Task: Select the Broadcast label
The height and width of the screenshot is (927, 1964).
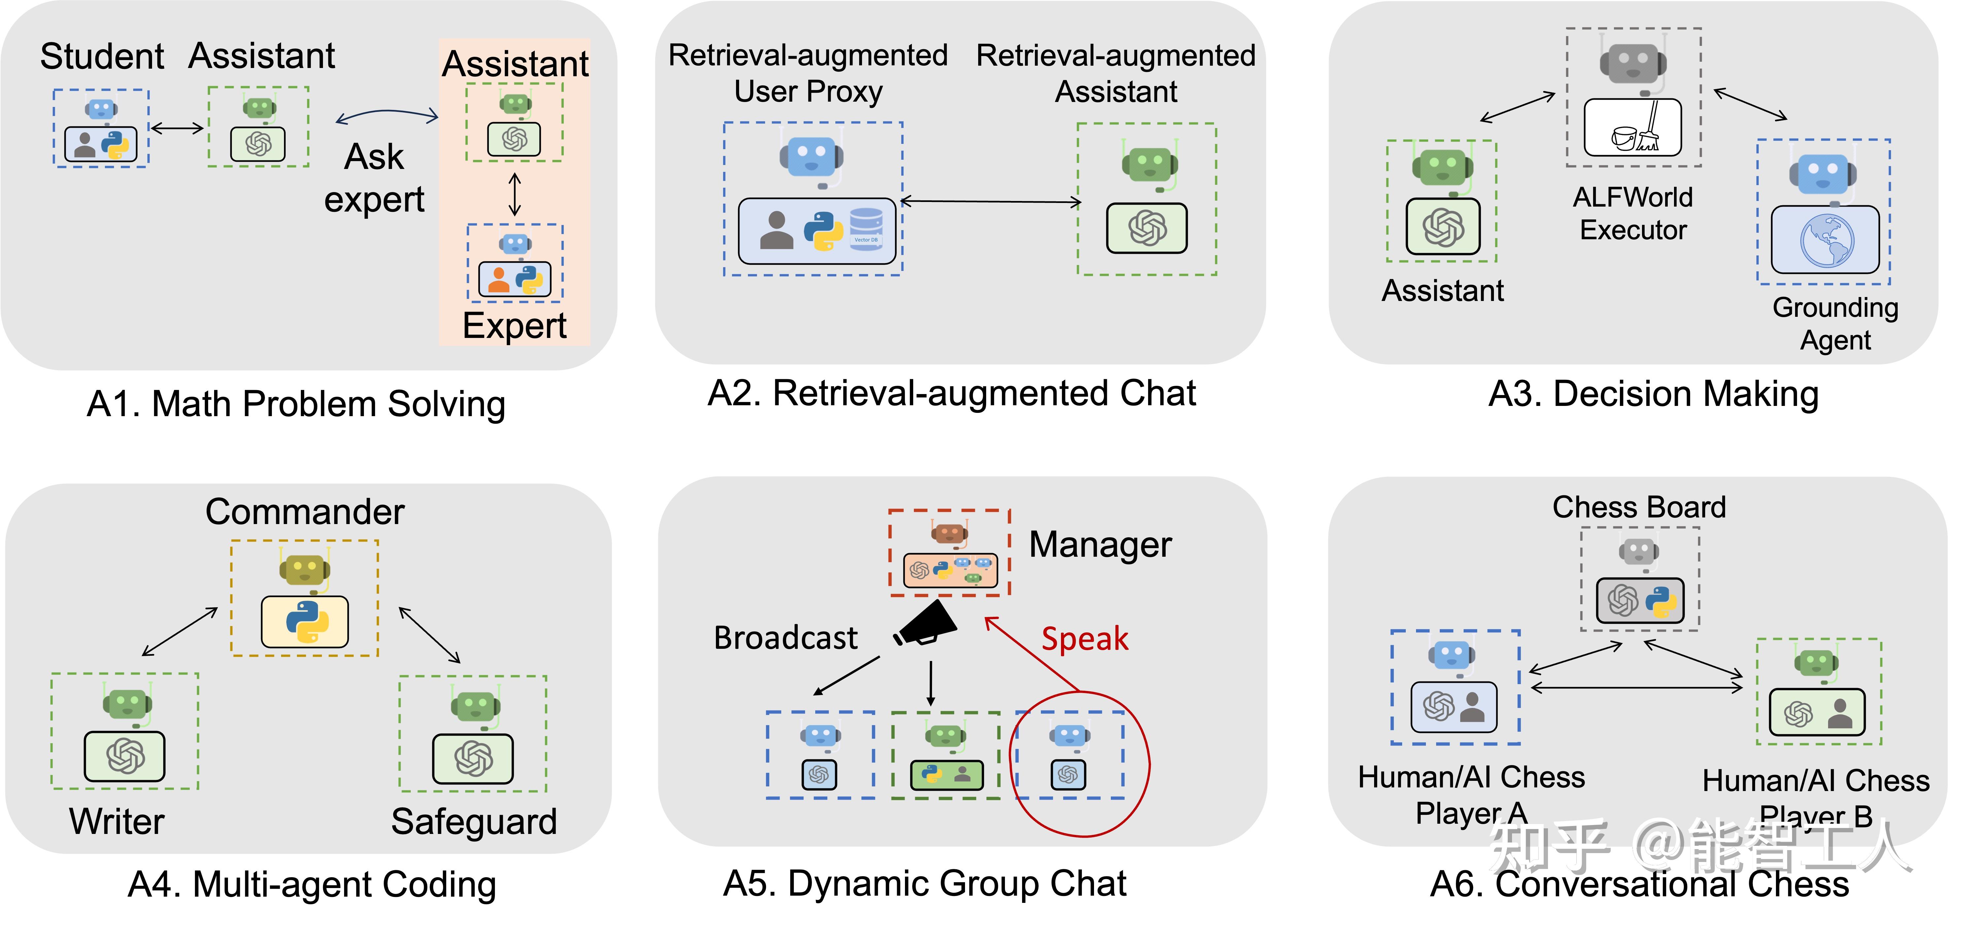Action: [x=785, y=637]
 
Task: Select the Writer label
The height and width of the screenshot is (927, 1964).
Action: [x=117, y=821]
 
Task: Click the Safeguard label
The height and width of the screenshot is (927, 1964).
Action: [x=473, y=821]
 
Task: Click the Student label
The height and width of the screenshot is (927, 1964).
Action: [x=101, y=56]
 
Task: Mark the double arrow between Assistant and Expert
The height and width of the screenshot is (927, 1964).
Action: [x=515, y=194]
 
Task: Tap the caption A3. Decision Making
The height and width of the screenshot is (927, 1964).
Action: [x=1653, y=394]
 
